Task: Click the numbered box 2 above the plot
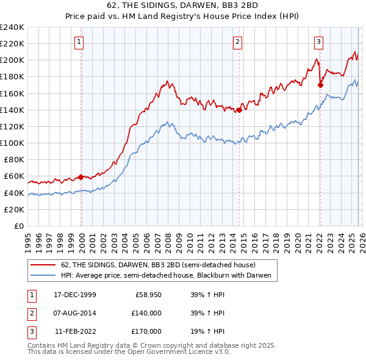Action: (237, 42)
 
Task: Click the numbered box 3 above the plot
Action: (318, 42)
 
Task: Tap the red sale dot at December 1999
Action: (81, 177)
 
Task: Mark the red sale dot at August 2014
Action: (239, 110)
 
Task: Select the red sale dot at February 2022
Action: (320, 85)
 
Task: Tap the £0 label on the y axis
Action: (18, 226)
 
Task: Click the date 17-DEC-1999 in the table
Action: (75, 295)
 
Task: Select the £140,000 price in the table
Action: (147, 313)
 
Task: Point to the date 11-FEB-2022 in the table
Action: (75, 331)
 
